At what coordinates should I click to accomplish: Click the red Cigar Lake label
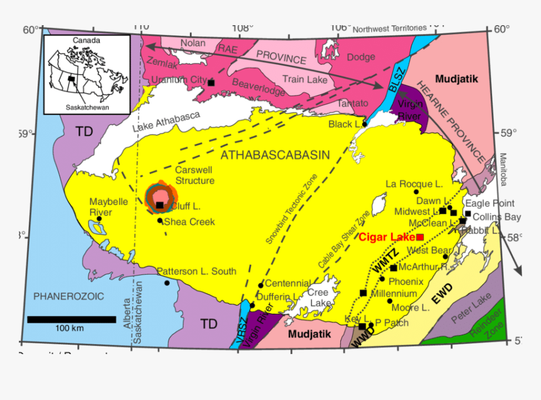pos(387,237)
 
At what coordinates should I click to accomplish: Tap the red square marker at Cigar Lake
pos(420,236)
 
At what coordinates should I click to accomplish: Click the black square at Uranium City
pos(211,82)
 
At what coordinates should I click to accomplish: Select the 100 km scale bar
pos(71,319)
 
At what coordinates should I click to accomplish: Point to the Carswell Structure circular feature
pos(161,197)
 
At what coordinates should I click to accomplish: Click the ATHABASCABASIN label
pos(274,155)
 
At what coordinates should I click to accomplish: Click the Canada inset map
pos(86,75)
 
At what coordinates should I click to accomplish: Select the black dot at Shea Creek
pos(160,220)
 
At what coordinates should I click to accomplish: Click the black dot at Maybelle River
pos(99,219)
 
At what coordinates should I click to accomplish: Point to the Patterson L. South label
pos(196,272)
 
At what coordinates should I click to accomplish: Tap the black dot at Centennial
pos(261,285)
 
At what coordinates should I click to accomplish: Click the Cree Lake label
pos(318,297)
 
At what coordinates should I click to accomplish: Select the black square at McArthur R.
pos(393,268)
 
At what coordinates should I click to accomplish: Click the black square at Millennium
pos(363,292)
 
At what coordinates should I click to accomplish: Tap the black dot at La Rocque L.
pos(416,191)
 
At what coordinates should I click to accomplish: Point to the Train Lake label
pos(304,80)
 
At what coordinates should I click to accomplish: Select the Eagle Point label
pos(489,203)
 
